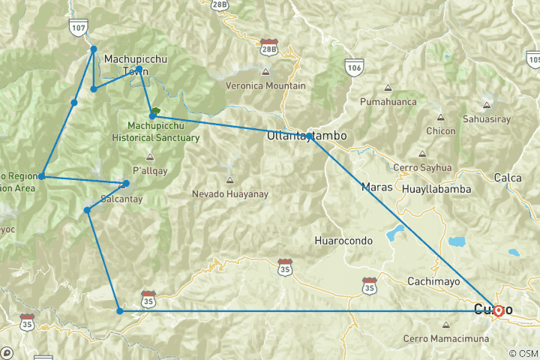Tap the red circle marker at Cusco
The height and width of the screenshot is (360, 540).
(x=498, y=310)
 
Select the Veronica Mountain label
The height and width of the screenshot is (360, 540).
(x=266, y=85)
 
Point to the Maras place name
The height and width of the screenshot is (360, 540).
(x=376, y=186)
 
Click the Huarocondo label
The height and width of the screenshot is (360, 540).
(x=343, y=241)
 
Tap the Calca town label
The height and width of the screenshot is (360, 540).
(x=508, y=178)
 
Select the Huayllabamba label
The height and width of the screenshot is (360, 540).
(x=436, y=189)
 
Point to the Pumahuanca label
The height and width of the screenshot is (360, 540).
(x=388, y=100)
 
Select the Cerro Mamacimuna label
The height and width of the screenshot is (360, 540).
(x=446, y=339)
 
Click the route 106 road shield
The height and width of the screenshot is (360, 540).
(x=355, y=67)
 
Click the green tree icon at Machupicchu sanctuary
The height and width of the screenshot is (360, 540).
(x=155, y=112)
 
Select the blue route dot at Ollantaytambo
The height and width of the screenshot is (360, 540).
(x=309, y=136)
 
